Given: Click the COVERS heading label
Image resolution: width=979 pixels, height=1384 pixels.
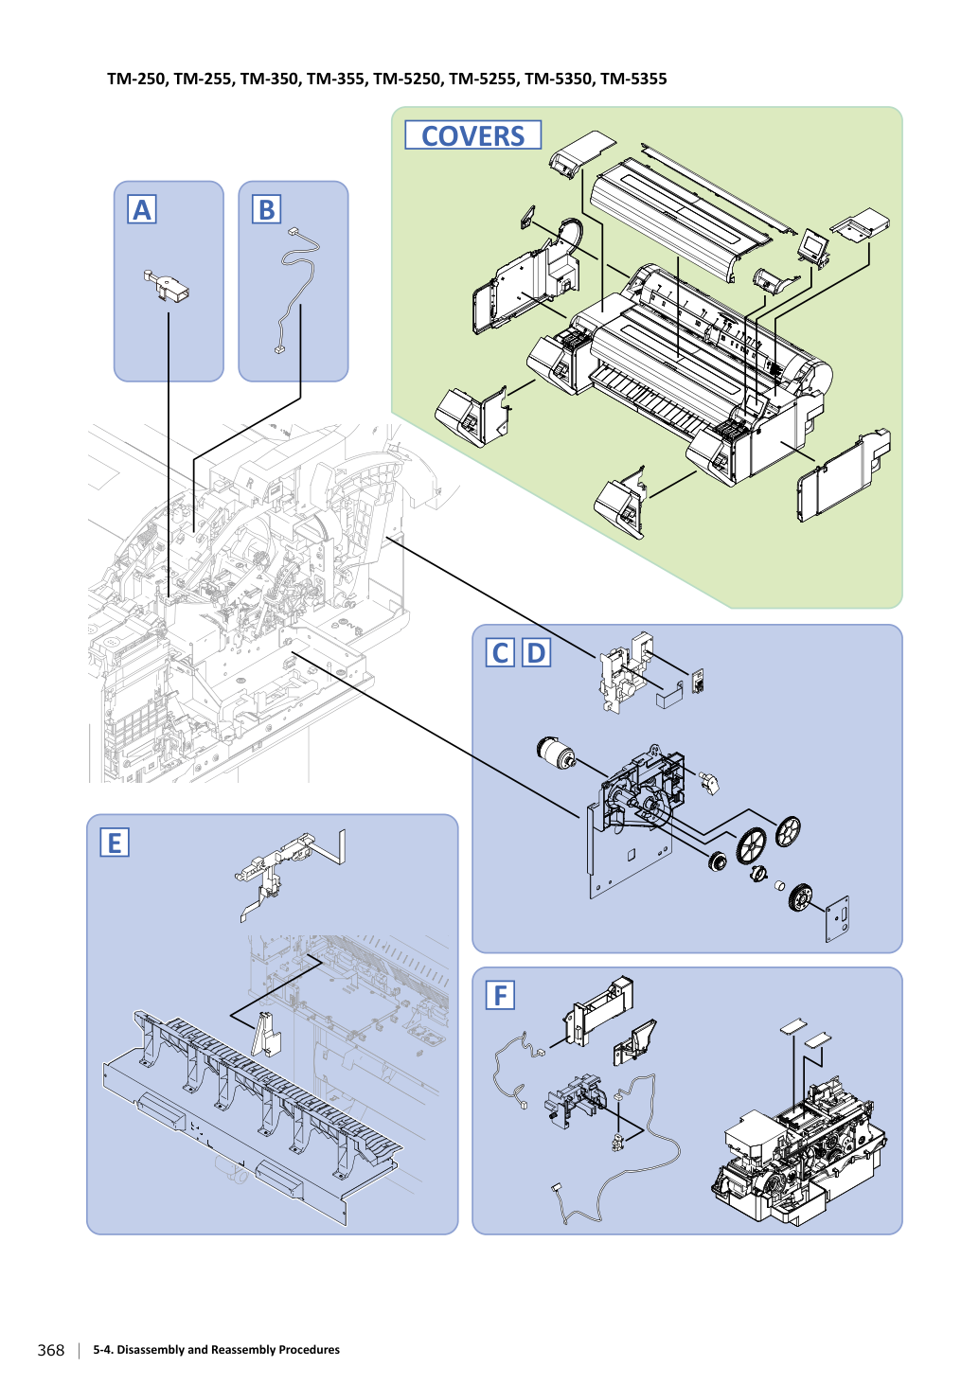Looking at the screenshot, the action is (472, 135).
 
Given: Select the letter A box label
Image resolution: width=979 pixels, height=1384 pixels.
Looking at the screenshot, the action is (141, 209).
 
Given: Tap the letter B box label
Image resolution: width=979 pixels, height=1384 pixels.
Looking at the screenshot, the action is (266, 209).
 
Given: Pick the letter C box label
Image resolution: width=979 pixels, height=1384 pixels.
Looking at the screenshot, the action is (500, 653).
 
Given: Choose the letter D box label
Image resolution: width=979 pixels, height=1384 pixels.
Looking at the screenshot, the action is (536, 653).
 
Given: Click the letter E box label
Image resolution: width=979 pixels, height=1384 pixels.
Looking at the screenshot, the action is (115, 843).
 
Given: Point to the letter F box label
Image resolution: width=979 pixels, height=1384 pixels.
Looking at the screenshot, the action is (500, 995).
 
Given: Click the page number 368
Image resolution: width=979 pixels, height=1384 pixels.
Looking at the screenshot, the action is (51, 1350).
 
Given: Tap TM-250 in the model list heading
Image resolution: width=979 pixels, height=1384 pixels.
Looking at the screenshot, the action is (136, 80).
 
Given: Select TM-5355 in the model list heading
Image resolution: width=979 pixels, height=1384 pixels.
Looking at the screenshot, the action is (633, 80).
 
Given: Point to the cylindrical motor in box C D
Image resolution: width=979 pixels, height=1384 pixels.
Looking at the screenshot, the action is (556, 752).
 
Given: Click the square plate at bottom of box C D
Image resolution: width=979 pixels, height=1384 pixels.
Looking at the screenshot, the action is (837, 919).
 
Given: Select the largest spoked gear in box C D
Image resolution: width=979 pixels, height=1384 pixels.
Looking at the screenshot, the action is (752, 844).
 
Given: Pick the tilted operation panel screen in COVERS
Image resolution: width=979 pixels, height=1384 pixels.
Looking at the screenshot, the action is (813, 247).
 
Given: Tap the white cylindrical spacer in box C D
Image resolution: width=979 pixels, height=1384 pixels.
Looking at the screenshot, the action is (780, 886).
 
